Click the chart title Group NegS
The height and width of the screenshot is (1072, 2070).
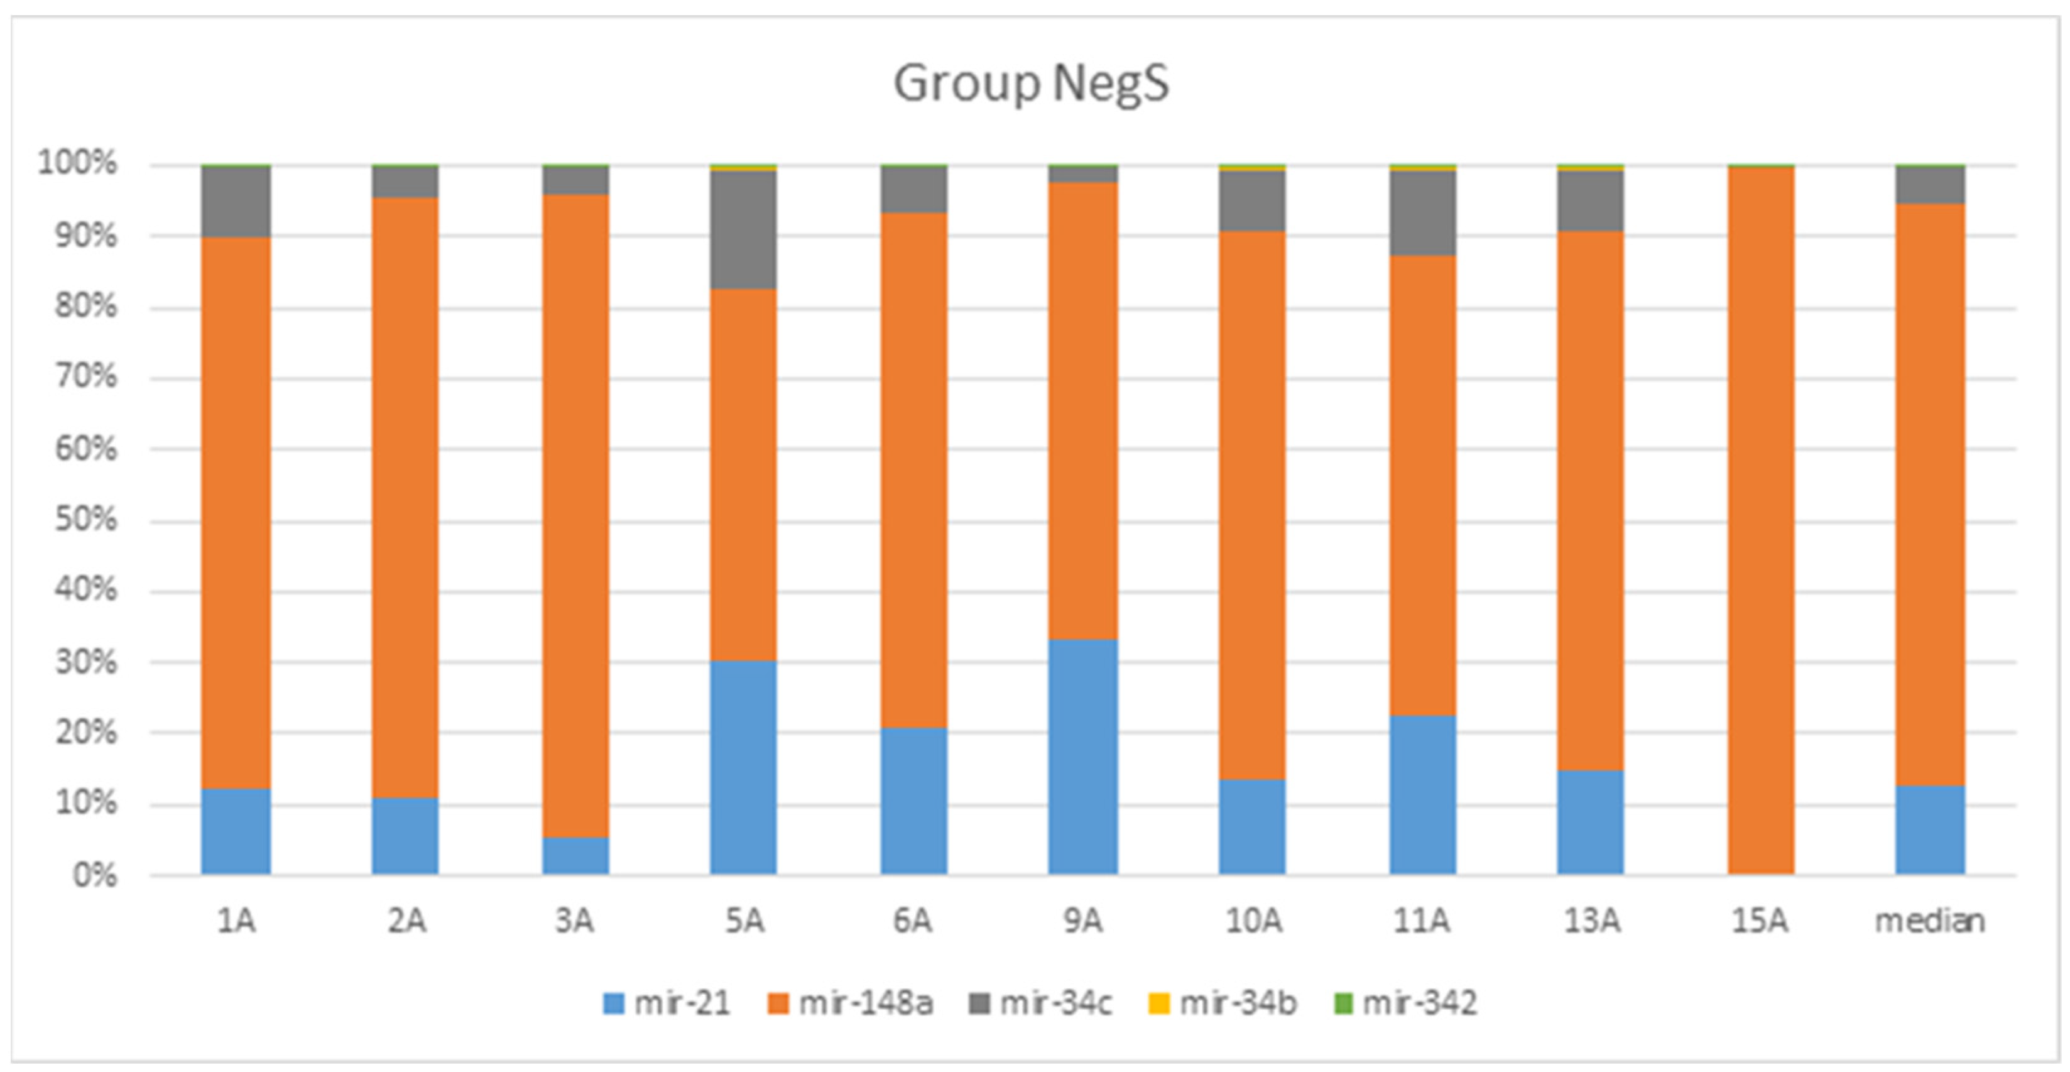pos(1031,84)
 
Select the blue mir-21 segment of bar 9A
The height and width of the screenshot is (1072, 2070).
pos(1082,756)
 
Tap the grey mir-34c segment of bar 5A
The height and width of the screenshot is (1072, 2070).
pos(743,229)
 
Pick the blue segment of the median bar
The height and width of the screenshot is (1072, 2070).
pos(1929,829)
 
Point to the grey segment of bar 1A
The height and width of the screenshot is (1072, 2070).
pos(236,202)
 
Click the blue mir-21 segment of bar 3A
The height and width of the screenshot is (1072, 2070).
pos(575,855)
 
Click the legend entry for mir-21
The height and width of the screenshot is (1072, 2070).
pos(667,1003)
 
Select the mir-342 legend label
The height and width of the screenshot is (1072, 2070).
pos(1405,1003)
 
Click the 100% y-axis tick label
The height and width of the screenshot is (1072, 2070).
pos(78,164)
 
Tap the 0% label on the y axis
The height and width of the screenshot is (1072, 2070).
pos(95,875)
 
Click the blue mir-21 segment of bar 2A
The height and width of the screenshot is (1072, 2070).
pos(405,835)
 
